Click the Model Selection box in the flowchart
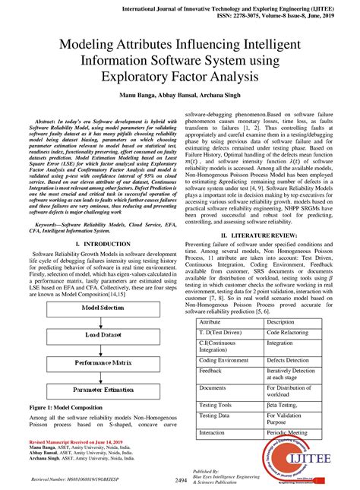(103, 307)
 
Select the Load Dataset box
(103, 334)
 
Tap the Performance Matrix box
(103, 362)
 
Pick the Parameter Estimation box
(103, 390)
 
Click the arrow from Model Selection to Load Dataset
(103, 321)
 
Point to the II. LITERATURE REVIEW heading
(261, 236)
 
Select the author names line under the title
(180, 97)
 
